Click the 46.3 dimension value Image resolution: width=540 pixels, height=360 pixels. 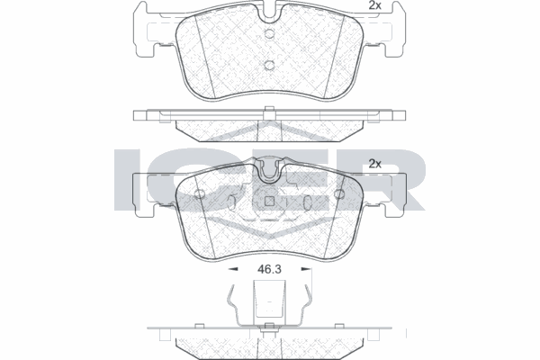click(x=269, y=269)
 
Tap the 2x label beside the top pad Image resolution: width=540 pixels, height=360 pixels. click(x=374, y=5)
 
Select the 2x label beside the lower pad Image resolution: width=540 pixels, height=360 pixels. click(x=374, y=164)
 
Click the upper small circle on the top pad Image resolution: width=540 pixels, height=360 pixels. click(x=270, y=33)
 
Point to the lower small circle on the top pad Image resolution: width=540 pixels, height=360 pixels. click(x=270, y=65)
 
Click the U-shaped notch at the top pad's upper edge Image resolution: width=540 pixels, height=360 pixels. click(x=270, y=12)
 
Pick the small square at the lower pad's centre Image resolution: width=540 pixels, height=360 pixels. click(x=270, y=202)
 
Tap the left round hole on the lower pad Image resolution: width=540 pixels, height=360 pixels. click(x=200, y=194)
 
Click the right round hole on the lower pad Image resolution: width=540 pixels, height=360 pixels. click(x=339, y=194)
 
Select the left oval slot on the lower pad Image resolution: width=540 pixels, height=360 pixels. click(x=232, y=202)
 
